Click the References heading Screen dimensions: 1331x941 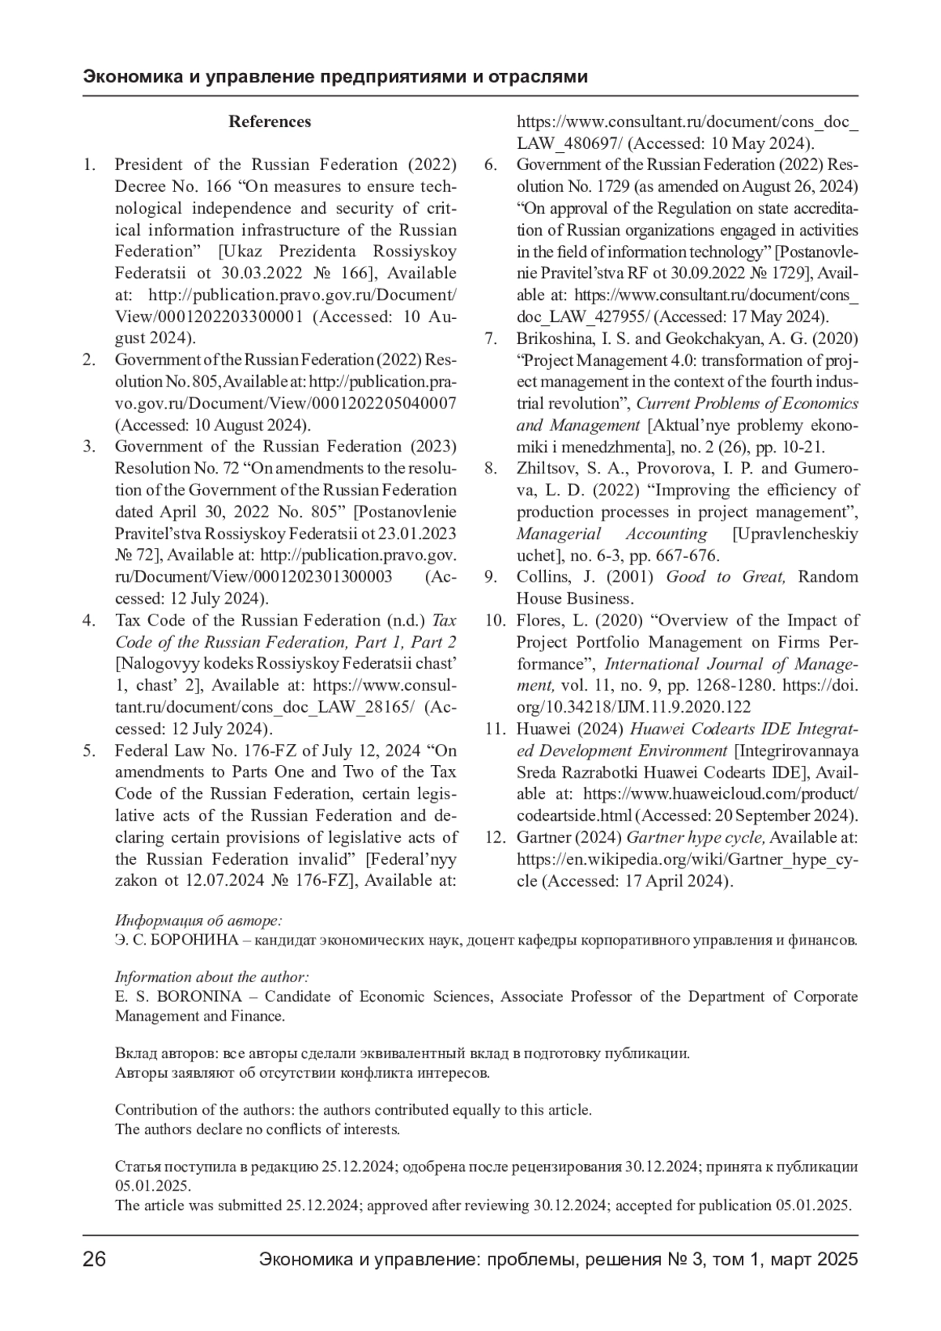[x=270, y=121]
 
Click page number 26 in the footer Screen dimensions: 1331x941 [x=95, y=1260]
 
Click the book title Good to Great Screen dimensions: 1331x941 [x=725, y=577]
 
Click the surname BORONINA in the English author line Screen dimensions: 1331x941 [x=203, y=997]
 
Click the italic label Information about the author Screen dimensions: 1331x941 [x=212, y=977]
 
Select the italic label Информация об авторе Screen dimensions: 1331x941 [x=198, y=920]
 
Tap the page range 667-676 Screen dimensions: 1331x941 [x=686, y=556]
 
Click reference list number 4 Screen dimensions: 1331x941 [x=89, y=621]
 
